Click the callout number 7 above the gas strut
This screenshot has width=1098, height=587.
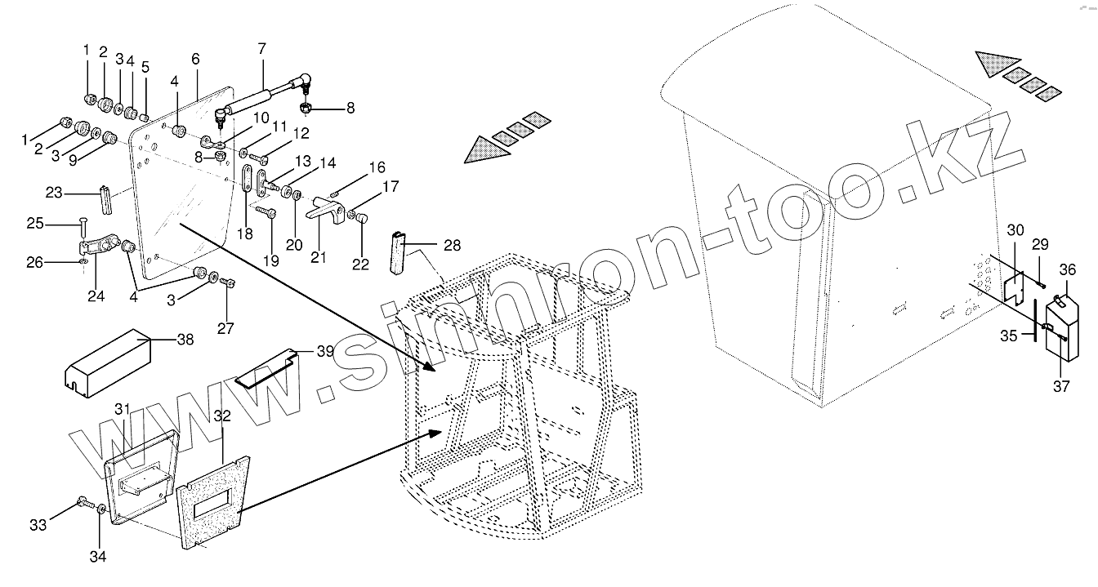click(261, 48)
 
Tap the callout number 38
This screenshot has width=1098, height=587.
click(186, 340)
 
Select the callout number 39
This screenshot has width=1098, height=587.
click(326, 352)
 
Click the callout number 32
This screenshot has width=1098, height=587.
click(222, 416)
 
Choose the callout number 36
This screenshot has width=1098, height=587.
click(1068, 270)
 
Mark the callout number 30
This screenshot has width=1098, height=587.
click(1015, 231)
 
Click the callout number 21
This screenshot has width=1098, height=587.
click(319, 257)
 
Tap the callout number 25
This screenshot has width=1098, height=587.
click(35, 223)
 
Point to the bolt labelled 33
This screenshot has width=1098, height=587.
click(83, 503)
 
